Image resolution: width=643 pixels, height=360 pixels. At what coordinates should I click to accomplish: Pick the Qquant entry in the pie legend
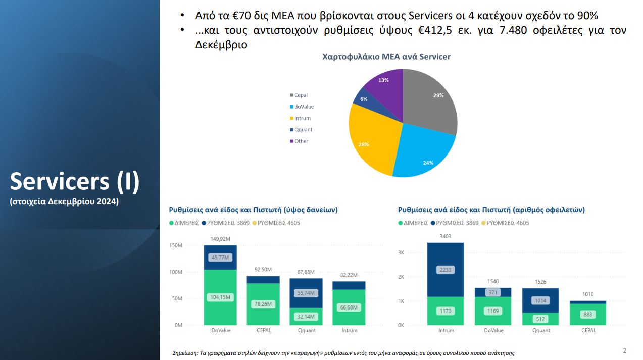tap(303, 130)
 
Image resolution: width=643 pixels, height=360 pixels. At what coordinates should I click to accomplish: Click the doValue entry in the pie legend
tap(304, 107)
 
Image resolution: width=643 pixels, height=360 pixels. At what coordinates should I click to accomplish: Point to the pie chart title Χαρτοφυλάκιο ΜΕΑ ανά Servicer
tap(386, 57)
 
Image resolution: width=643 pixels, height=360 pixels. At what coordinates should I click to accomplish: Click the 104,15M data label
tap(220, 297)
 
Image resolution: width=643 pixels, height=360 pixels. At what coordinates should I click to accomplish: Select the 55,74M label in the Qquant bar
tap(306, 293)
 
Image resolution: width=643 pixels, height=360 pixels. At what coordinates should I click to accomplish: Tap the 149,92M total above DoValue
tap(220, 239)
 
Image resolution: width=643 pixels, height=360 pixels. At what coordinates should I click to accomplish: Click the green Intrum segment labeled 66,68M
tap(349, 307)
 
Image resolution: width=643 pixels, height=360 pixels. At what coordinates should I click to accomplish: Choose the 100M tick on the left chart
tap(175, 272)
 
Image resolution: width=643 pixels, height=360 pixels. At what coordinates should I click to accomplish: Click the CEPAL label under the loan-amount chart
tap(264, 331)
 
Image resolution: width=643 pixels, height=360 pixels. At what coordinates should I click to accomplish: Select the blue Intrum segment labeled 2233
tap(446, 270)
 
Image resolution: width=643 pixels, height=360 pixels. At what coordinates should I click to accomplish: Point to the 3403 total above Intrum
tap(446, 236)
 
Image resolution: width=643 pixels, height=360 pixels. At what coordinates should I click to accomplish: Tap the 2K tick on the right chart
tap(401, 277)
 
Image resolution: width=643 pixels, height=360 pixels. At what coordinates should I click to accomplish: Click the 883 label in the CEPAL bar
tap(588, 315)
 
